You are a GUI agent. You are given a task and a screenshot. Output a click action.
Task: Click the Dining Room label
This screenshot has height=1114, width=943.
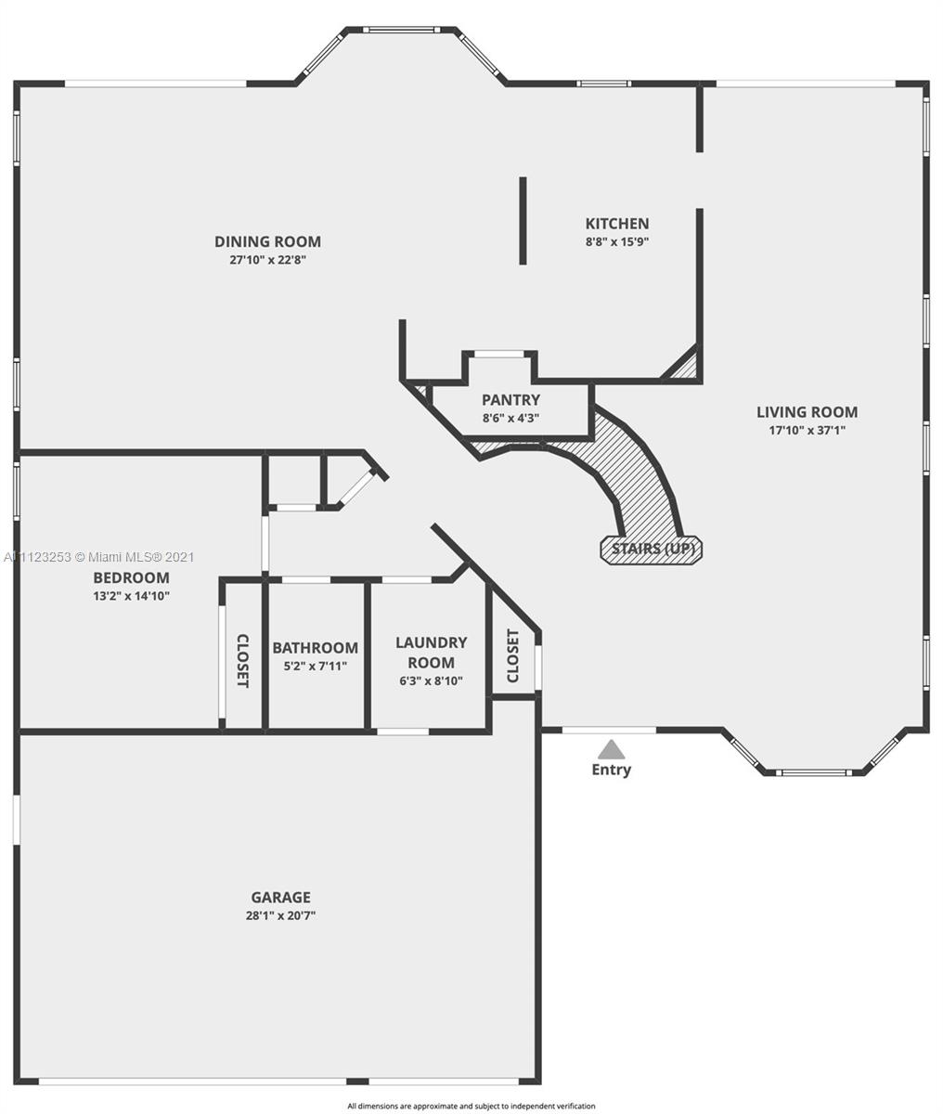point(268,241)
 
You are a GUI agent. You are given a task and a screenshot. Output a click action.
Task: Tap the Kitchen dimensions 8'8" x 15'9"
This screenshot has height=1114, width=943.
point(617,241)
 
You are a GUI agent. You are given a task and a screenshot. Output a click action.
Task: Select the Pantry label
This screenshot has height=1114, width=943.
point(510,400)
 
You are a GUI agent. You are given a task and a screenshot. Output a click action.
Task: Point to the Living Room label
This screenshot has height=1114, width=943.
point(807,412)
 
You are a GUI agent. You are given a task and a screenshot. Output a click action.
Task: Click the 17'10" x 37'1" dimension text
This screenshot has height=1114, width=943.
point(807,430)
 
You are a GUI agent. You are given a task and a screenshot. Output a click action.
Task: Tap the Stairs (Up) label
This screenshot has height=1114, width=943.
point(652,550)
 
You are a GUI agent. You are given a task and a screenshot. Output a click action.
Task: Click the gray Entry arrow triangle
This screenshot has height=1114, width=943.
point(611,749)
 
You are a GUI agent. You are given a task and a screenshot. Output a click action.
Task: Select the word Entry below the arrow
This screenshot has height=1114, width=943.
point(611,770)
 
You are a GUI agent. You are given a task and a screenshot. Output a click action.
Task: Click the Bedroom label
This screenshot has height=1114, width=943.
point(132,577)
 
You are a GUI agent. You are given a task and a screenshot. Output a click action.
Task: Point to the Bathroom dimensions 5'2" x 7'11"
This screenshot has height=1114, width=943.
point(316,667)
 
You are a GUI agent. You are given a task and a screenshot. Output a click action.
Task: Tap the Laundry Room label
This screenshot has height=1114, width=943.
point(431,652)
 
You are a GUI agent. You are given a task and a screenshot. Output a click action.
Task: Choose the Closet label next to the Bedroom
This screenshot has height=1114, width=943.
point(243,661)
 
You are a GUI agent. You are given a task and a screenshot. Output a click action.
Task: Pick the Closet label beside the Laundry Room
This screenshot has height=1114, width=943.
point(512,656)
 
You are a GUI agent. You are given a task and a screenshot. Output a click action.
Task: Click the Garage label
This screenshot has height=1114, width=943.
point(280,898)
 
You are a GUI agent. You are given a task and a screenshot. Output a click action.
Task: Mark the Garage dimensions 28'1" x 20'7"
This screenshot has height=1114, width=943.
point(280,915)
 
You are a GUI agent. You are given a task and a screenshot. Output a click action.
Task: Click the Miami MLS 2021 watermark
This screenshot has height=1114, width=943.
point(99,557)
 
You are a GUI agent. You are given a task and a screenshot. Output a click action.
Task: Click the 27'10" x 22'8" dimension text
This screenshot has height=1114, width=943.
point(268,260)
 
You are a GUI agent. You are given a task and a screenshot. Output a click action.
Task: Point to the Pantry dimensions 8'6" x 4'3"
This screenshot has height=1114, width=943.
point(510,418)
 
